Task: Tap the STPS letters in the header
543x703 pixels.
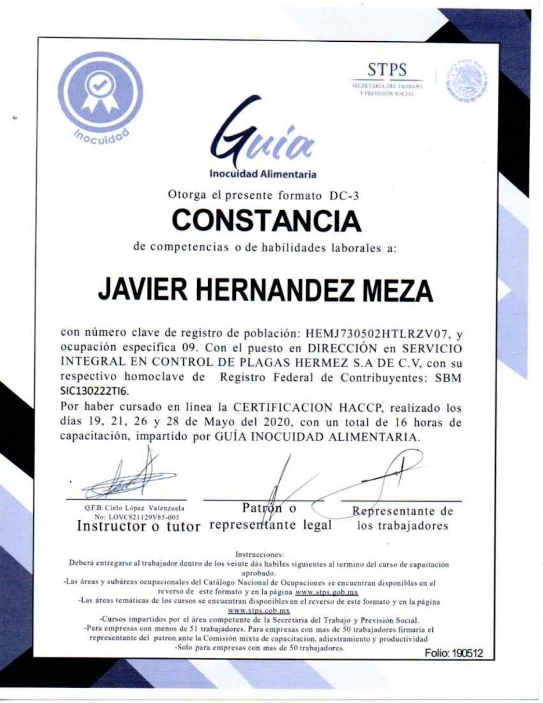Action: click(x=387, y=70)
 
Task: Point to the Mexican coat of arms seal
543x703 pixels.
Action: click(x=467, y=82)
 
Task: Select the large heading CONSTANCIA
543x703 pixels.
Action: click(x=266, y=221)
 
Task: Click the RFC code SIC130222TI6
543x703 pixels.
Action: click(x=95, y=391)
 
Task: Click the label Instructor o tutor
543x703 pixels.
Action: click(x=138, y=526)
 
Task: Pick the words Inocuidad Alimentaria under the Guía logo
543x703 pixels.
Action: click(x=263, y=174)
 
